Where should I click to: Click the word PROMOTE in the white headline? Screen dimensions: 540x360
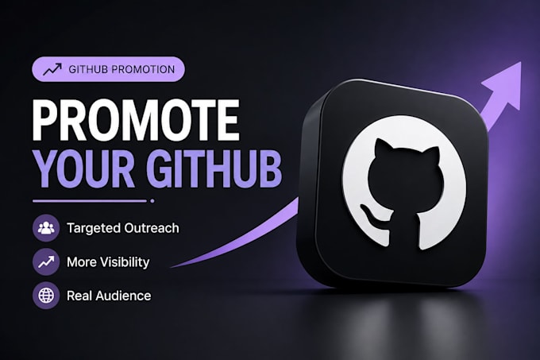click(x=136, y=119)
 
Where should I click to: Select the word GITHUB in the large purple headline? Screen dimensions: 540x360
click(x=214, y=168)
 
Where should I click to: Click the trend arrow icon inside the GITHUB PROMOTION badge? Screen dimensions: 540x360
click(x=52, y=69)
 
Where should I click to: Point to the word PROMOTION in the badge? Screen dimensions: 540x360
click(x=143, y=69)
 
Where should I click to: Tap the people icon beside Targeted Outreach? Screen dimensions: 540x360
click(x=46, y=228)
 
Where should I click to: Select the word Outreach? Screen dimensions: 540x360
click(x=152, y=228)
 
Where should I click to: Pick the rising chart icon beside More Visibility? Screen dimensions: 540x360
click(x=46, y=261)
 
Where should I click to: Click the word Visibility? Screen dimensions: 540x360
click(x=121, y=262)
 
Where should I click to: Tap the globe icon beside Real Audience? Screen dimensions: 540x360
click(x=46, y=296)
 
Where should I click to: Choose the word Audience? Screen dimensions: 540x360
click(x=123, y=296)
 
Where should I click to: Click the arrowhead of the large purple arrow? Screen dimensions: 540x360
click(x=504, y=84)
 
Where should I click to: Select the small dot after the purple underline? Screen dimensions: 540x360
click(x=152, y=201)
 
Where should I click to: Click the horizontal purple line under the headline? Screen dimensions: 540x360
click(x=90, y=201)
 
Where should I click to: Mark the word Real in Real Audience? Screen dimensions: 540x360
click(x=79, y=296)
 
